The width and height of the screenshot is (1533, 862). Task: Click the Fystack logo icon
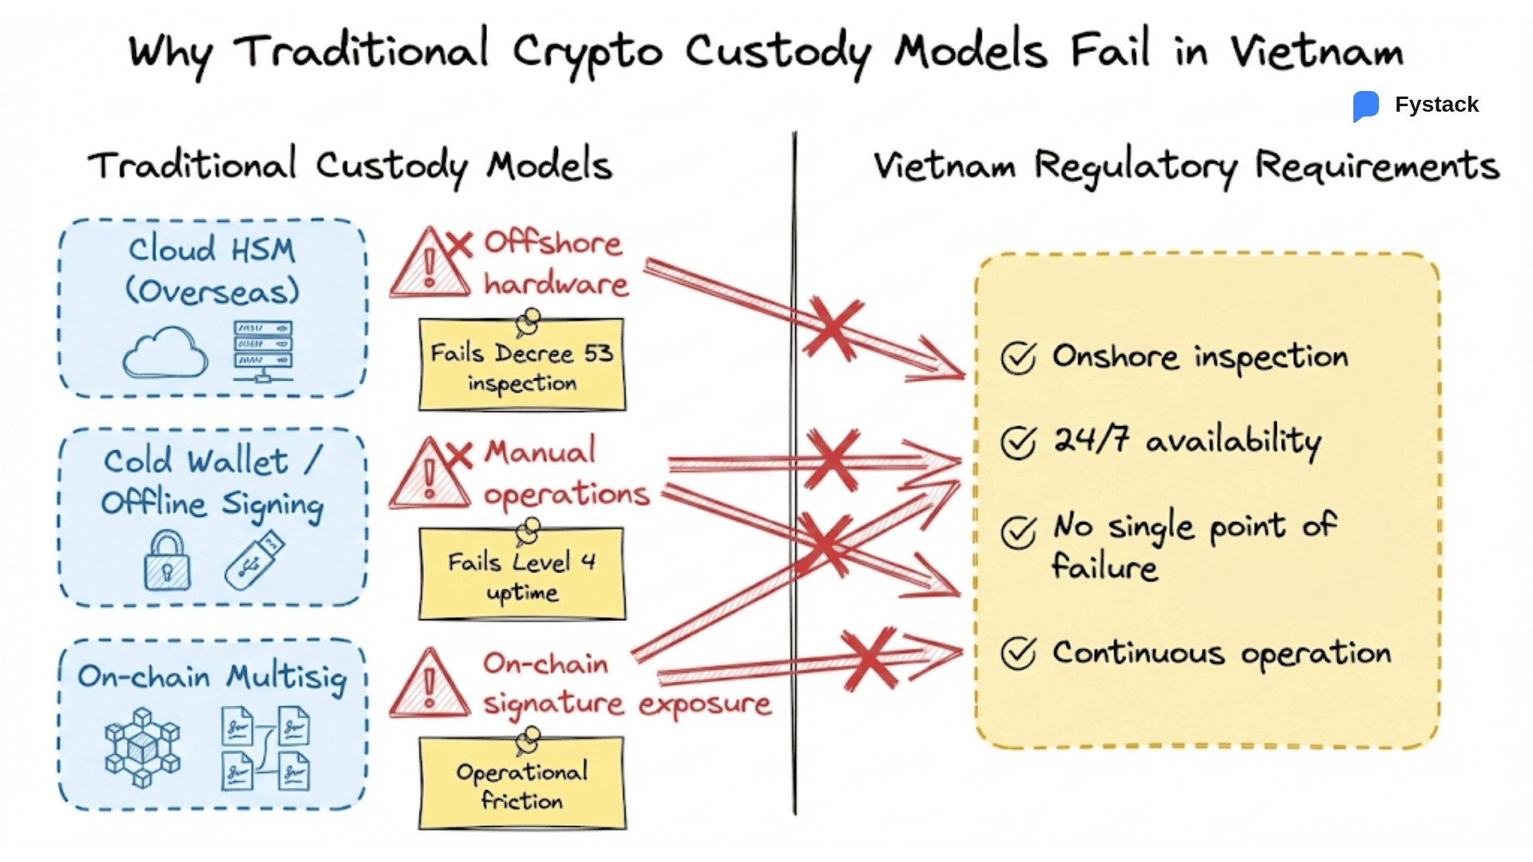coord(1365,105)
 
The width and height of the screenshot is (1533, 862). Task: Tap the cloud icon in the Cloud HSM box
coord(165,353)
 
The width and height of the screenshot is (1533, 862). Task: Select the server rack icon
coord(263,350)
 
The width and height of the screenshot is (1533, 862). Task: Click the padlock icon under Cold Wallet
coord(167,562)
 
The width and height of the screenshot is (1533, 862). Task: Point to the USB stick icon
coord(254,561)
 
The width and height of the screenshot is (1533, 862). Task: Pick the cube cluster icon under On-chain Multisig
coord(142,748)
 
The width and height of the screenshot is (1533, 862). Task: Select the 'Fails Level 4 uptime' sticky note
coord(522,575)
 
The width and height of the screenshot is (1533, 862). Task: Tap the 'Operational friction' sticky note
coord(522,785)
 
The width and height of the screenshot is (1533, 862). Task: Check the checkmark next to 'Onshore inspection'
coord(1019,358)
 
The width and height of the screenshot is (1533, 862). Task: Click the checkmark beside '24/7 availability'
coord(1019,442)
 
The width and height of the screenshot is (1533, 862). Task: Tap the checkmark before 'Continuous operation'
coord(1019,653)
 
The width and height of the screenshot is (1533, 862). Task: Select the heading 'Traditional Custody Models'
coord(350,166)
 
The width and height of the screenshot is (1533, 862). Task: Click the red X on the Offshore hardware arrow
coord(833,328)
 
